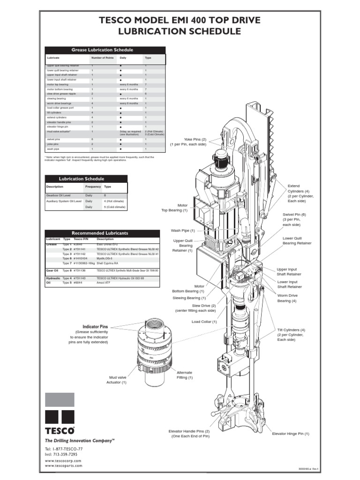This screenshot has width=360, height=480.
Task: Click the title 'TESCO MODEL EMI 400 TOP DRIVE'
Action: [x=180, y=20]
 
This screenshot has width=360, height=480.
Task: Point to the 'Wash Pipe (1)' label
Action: [x=183, y=231]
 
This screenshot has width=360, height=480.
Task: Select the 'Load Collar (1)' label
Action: [x=204, y=322]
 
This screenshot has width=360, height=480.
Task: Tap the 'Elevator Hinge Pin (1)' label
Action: [x=291, y=434]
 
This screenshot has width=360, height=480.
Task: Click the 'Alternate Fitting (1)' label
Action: [x=184, y=375]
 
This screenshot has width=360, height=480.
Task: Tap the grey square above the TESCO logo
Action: [x=60, y=400]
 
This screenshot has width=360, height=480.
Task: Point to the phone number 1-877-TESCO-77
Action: [x=65, y=449]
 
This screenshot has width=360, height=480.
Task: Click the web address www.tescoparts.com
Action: [x=63, y=465]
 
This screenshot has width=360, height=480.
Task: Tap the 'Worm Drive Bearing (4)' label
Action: [x=287, y=298]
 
